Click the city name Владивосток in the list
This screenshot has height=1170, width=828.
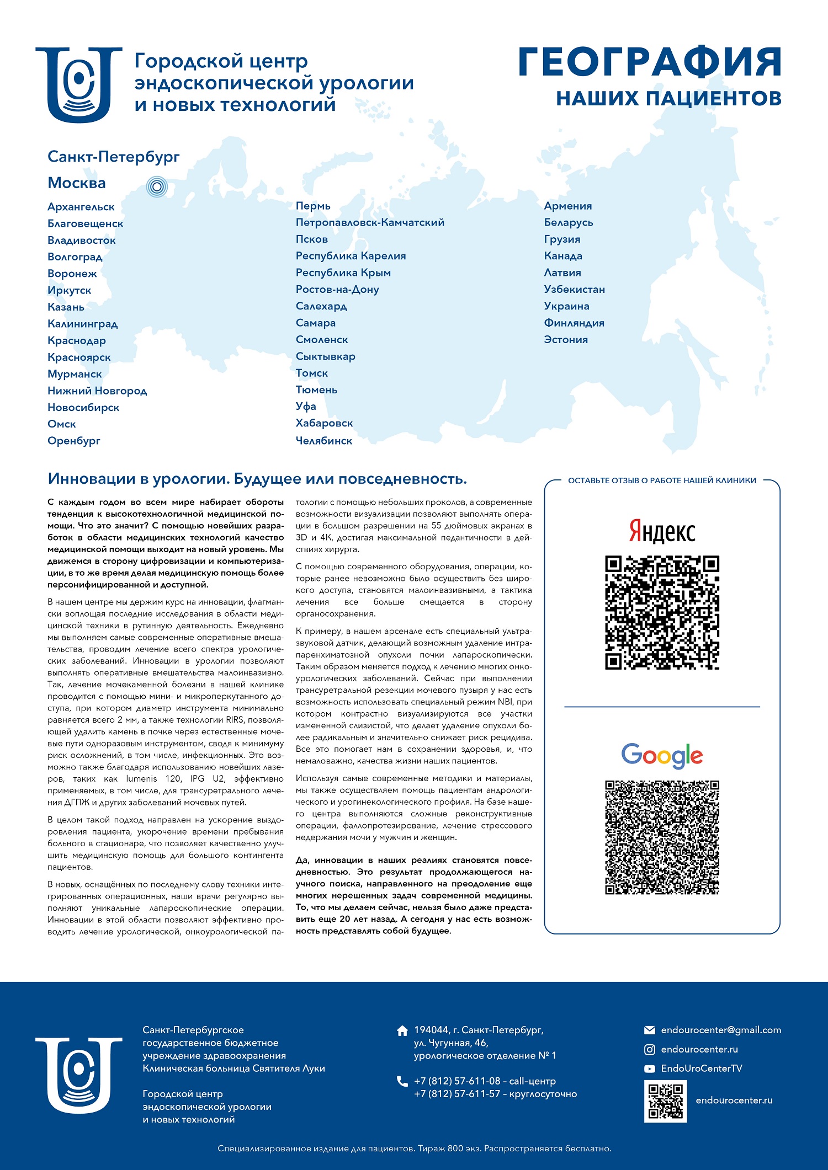tap(82, 241)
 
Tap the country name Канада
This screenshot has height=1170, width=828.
tap(563, 256)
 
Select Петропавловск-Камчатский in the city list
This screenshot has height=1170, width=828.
tap(370, 223)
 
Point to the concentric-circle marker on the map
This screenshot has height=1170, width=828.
tap(157, 187)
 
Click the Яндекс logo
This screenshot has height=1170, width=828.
tap(662, 531)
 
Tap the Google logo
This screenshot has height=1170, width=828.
tap(662, 755)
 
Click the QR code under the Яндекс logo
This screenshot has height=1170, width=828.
tap(662, 612)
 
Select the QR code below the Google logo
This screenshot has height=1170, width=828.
tap(662, 837)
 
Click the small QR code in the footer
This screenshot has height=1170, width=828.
tap(665, 1100)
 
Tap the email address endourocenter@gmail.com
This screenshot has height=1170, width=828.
tap(721, 1030)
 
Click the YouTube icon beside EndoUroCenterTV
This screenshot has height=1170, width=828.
tap(650, 1069)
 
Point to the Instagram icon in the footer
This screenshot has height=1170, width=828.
tap(650, 1049)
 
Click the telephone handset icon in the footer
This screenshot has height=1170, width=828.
tap(402, 1081)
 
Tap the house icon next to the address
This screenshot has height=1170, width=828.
tap(402, 1030)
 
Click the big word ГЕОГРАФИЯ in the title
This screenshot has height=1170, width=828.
tap(650, 62)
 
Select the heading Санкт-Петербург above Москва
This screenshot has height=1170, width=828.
tap(114, 157)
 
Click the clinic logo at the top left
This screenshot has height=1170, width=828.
tap(79, 84)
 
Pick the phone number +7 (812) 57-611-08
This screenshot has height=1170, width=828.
tap(457, 1081)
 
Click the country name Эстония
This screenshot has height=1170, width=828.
tap(566, 340)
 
